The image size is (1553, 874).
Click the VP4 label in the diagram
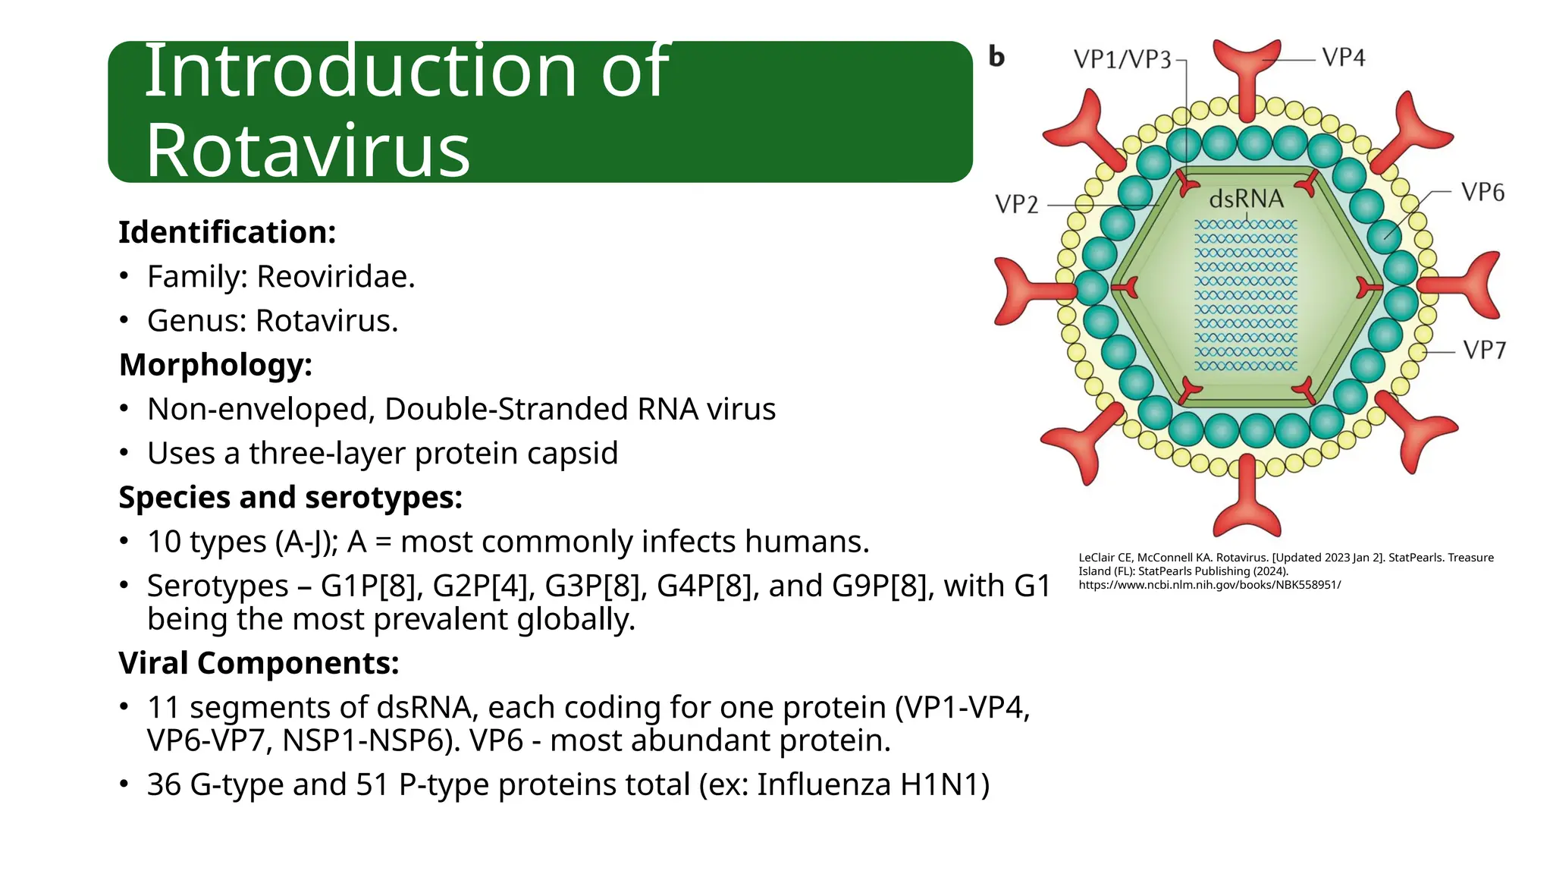click(1343, 58)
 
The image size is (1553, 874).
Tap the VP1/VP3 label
click(1122, 59)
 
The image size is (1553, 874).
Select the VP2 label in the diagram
click(1016, 204)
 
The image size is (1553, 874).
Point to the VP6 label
click(1482, 193)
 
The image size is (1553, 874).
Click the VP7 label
click(1484, 351)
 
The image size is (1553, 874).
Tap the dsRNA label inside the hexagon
click(1246, 200)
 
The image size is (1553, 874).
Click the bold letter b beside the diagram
click(996, 57)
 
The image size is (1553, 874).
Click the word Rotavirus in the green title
click(308, 150)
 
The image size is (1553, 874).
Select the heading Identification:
click(227, 232)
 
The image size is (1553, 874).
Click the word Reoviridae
click(335, 276)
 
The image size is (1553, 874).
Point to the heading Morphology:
click(215, 365)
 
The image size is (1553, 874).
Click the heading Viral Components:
click(259, 663)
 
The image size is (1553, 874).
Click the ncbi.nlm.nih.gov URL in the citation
click(1209, 585)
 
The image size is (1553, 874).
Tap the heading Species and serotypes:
click(290, 498)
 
